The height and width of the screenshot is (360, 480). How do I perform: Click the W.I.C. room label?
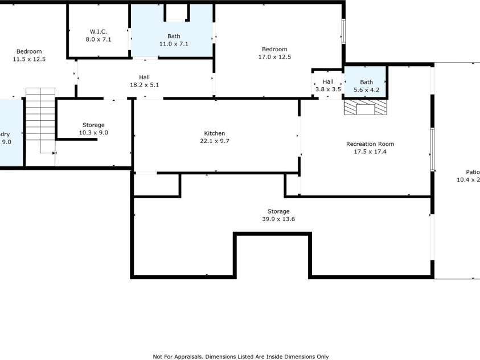pyautogui.click(x=99, y=31)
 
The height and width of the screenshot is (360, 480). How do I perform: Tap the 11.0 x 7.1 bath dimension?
pyautogui.click(x=174, y=44)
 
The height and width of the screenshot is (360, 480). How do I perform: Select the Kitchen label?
pyautogui.click(x=215, y=133)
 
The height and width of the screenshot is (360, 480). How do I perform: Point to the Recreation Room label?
pyautogui.click(x=370, y=144)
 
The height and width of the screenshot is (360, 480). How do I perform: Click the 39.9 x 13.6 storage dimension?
pyautogui.click(x=278, y=219)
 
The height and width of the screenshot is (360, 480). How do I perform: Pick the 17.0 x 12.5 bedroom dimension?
pyautogui.click(x=274, y=57)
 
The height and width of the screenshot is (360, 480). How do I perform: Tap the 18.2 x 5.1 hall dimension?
pyautogui.click(x=145, y=85)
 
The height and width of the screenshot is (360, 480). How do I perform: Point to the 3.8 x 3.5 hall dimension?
pyautogui.click(x=328, y=89)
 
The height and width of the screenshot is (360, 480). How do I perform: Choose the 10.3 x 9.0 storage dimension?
pyautogui.click(x=93, y=133)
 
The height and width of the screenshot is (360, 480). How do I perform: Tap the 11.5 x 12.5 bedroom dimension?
pyautogui.click(x=29, y=59)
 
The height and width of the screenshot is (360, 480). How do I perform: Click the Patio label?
pyautogui.click(x=473, y=171)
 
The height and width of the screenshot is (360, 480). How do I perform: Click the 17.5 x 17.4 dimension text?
pyautogui.click(x=370, y=152)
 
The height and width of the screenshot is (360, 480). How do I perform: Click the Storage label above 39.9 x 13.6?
pyautogui.click(x=278, y=211)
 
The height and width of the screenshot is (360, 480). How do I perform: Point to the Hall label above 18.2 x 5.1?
pyautogui.click(x=145, y=77)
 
